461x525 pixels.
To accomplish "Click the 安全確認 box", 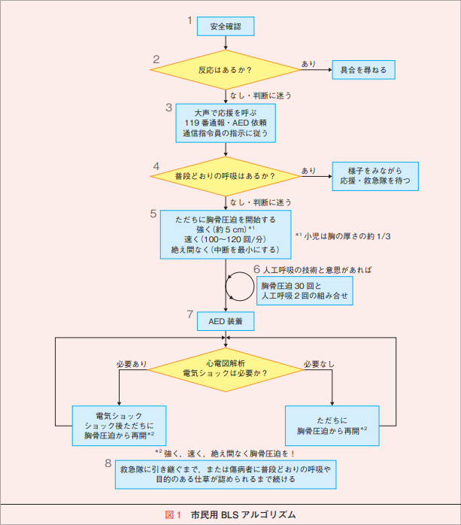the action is coord(226,26).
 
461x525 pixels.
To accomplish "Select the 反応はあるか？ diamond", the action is coord(226,70).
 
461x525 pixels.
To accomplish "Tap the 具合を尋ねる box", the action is coord(363,70).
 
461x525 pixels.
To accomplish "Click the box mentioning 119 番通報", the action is coord(226,123).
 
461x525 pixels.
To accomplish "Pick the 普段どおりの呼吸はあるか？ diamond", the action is coord(226,176).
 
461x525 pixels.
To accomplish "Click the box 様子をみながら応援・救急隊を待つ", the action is coord(375,176).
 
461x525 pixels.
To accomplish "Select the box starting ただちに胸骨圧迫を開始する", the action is coord(226,235).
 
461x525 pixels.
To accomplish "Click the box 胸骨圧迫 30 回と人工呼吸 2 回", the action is coord(305,290).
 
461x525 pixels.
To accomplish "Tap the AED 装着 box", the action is coord(226,321).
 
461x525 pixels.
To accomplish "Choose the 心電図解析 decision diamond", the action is coord(226,369).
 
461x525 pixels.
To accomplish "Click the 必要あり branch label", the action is coord(132,364).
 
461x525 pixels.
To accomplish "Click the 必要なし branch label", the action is coord(319,364).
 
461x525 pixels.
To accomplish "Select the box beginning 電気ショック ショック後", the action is coord(119,426).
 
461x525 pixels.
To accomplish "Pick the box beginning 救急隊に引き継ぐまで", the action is coord(226,475).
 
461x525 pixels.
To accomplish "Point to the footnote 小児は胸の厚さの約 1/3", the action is coord(343,236).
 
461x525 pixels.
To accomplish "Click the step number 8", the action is coord(108,463).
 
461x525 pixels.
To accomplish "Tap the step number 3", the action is coord(168,108).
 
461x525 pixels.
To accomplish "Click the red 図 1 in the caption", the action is coord(173,514).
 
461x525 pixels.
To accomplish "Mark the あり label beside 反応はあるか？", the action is coord(308,64).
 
